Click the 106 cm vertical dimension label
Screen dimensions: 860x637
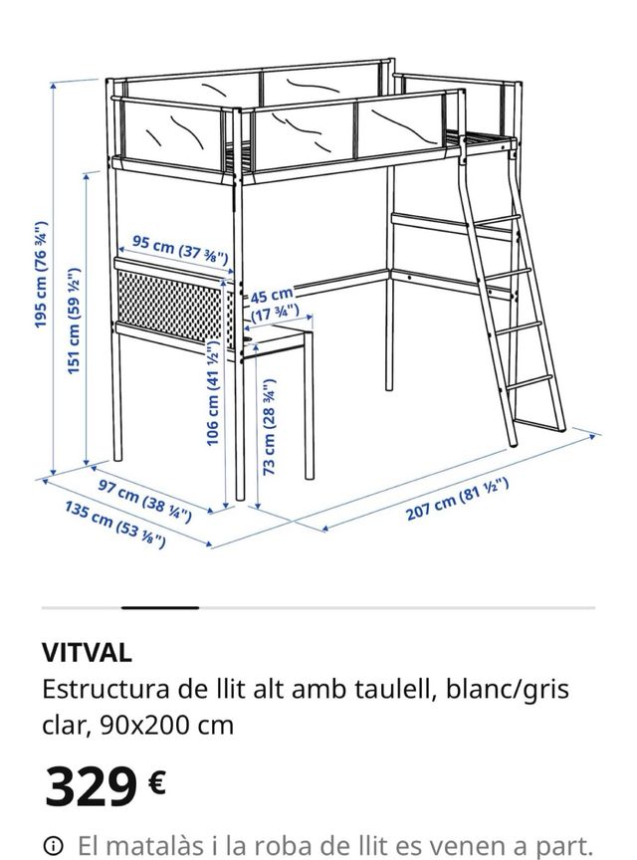[x=212, y=393]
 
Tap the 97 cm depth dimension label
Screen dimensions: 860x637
[x=138, y=500]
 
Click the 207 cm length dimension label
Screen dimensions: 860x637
[x=457, y=500]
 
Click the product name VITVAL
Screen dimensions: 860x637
[x=86, y=653]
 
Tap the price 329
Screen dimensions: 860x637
[x=91, y=786]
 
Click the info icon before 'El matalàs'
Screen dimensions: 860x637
[x=55, y=845]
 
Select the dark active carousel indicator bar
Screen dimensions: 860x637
[x=160, y=606]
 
